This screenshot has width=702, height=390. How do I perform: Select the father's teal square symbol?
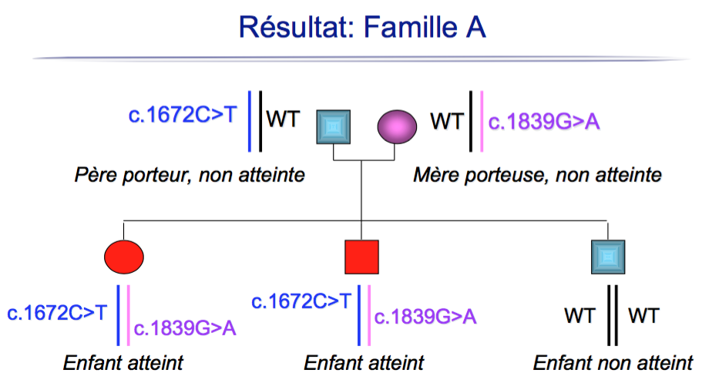(334, 126)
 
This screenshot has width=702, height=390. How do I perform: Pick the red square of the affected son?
(361, 256)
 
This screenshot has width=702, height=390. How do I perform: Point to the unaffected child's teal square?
(607, 257)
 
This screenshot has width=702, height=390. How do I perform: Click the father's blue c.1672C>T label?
(183, 116)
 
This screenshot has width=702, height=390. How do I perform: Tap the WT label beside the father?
(283, 120)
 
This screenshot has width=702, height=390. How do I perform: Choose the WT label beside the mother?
(447, 122)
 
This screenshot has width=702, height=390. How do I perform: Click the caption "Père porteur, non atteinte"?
(190, 175)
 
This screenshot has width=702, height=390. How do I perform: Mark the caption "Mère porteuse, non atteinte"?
(537, 175)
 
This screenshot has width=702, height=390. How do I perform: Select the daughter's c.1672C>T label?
(58, 312)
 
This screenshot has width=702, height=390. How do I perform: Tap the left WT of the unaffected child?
(579, 316)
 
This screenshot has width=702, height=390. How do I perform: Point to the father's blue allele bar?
(250, 120)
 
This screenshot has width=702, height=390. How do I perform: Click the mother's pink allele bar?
(481, 122)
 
